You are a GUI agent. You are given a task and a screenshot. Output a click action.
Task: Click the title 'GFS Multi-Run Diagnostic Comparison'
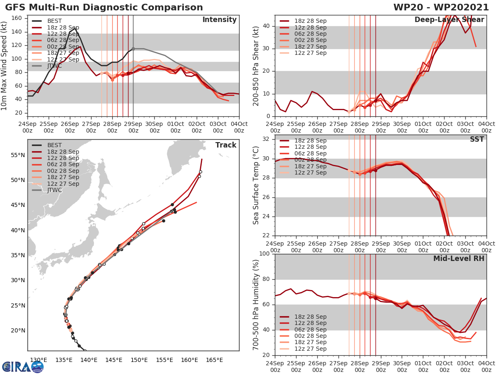pos(104,7)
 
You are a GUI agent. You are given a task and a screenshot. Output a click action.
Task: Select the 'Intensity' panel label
pos(220,20)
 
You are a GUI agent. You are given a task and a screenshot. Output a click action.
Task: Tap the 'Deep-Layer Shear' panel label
pos(449,20)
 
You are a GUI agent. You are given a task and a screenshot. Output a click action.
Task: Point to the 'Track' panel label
pos(226,145)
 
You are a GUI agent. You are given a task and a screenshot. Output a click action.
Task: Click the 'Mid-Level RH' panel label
pos(459,258)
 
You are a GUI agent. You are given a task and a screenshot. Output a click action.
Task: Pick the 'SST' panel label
pos(477,139)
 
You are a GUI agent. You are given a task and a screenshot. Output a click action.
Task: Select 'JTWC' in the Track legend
pos(55,190)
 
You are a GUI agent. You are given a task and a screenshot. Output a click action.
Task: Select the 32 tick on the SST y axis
pos(266,139)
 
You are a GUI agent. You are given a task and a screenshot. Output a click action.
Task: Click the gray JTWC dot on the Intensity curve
pos(133,49)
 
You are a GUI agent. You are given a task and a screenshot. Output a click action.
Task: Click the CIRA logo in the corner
pos(22,367)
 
